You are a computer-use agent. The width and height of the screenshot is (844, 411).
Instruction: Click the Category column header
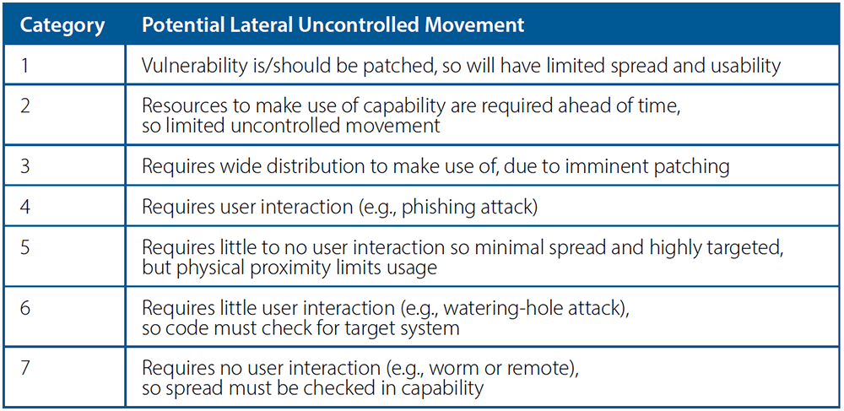pyautogui.click(x=62, y=26)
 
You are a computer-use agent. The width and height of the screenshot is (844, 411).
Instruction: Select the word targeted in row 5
pyautogui.click(x=749, y=248)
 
